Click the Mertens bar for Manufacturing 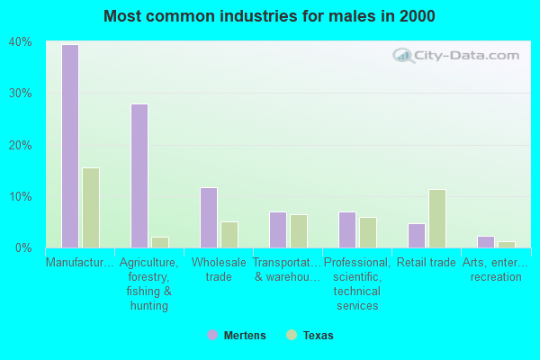[69, 146]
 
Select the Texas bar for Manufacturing [90, 208]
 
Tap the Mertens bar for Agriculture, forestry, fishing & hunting [139, 175]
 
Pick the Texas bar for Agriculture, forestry [159, 242]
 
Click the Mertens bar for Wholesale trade [208, 218]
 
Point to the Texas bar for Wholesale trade [229, 235]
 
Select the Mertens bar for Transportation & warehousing [277, 229]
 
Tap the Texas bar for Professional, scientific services [367, 232]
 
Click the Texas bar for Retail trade [436, 219]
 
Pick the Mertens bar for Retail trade [416, 236]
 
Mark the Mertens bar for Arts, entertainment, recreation [485, 242]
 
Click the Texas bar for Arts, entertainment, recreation [506, 245]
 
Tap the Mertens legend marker [211, 335]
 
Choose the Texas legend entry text [318, 336]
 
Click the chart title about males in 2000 [269, 16]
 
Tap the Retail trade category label [427, 263]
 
